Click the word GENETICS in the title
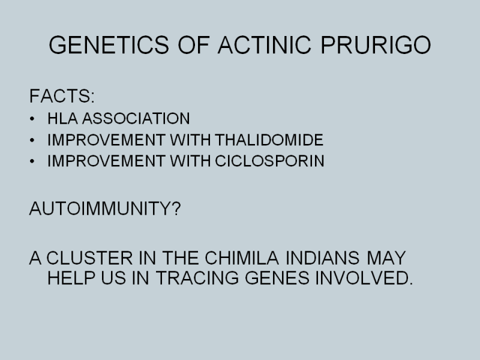click(109, 45)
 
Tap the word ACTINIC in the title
click(265, 45)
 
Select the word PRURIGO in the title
click(376, 45)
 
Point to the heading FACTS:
click(62, 96)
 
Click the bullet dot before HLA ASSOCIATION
click(32, 119)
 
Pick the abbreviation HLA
click(62, 118)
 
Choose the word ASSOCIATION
click(136, 118)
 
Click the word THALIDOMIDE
click(269, 140)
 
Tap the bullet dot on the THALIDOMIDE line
click(32, 140)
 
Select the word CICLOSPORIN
click(269, 161)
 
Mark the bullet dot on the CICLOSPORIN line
click(32, 161)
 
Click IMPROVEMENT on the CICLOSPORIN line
click(107, 161)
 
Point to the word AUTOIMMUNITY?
click(105, 208)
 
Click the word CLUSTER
click(89, 258)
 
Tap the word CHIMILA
click(242, 258)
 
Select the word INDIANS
click(322, 258)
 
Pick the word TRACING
click(197, 278)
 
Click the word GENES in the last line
click(277, 278)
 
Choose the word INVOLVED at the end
click(364, 278)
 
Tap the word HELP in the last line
click(71, 278)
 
